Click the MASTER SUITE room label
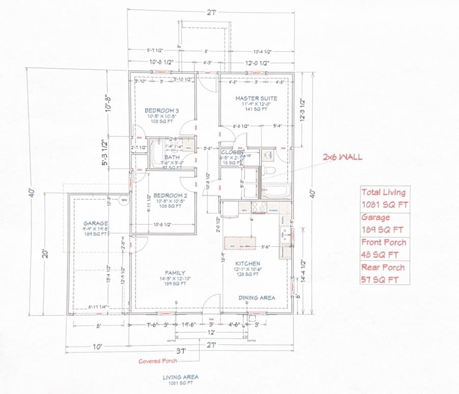(256, 98)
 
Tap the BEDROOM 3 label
(161, 110)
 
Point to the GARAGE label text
(96, 223)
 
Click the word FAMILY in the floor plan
(175, 273)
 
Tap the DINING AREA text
(257, 297)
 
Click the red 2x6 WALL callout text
(342, 157)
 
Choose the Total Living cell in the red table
(383, 192)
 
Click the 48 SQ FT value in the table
(380, 255)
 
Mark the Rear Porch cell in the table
(383, 267)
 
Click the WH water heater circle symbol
(123, 200)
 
